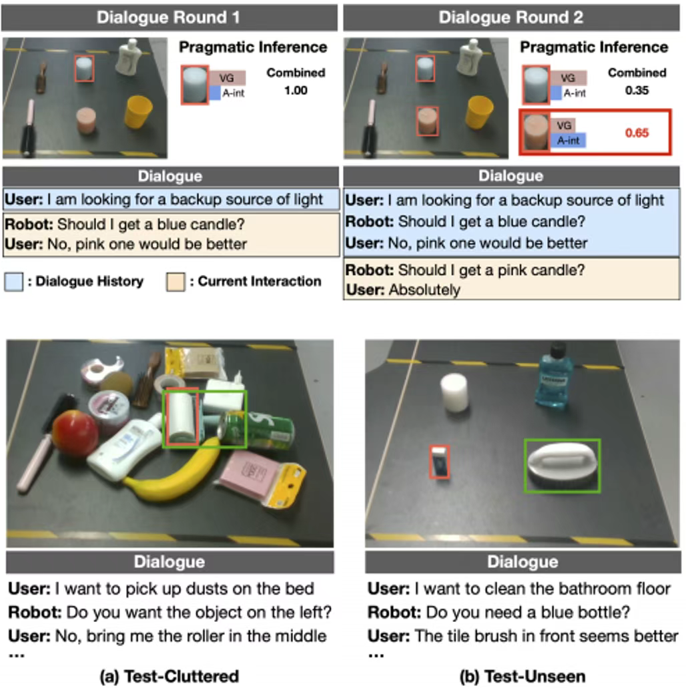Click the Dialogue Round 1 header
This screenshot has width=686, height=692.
(168, 17)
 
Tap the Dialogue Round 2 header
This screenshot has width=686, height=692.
(510, 17)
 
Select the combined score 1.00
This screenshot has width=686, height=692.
(296, 91)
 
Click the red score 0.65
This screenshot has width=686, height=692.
(637, 133)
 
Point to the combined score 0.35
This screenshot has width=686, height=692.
(637, 91)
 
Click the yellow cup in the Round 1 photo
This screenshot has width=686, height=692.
(137, 112)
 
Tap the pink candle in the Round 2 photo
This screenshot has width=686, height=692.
(427, 121)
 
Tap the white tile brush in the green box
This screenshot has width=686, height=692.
(562, 466)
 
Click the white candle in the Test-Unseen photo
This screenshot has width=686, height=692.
(454, 392)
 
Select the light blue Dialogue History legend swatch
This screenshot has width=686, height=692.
(14, 282)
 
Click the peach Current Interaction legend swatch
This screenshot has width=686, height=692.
(176, 282)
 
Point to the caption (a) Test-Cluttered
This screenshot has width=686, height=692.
(169, 676)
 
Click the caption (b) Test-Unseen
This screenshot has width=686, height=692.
(523, 676)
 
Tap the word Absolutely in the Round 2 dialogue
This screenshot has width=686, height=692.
(424, 290)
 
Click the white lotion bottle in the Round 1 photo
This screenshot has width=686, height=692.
(129, 56)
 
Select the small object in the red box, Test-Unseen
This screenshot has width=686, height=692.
(440, 462)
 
